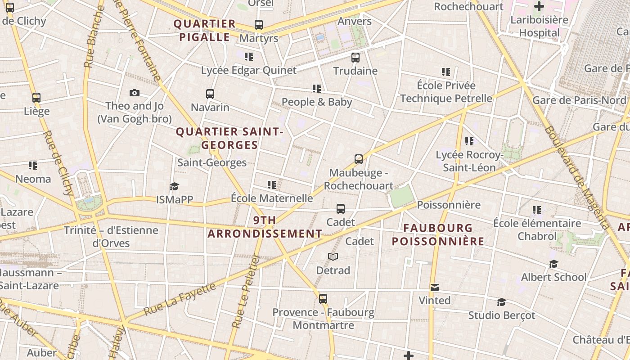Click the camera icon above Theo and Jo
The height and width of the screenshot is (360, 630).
click(x=134, y=93)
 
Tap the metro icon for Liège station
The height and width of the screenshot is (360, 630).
click(x=36, y=97)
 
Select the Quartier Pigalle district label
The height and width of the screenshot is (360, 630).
click(x=205, y=30)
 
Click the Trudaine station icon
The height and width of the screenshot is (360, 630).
click(x=355, y=58)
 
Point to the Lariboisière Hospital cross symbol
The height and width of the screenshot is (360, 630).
click(x=539, y=6)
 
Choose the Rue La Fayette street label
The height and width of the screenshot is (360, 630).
click(x=180, y=298)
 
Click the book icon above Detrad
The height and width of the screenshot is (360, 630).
click(x=333, y=256)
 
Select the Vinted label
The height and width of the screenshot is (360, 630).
click(x=434, y=300)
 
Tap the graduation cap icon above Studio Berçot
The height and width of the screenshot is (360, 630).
click(x=502, y=302)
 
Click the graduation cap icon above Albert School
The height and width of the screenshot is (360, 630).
click(x=553, y=264)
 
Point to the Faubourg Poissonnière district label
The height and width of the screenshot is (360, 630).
click(x=438, y=234)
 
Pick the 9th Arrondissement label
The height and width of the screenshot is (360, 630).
click(x=265, y=227)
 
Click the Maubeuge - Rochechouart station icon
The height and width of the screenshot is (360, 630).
click(x=359, y=159)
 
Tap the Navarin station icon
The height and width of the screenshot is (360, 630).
click(x=210, y=94)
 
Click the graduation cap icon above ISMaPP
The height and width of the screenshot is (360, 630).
click(x=174, y=186)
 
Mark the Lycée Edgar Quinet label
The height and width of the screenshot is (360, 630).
click(x=249, y=70)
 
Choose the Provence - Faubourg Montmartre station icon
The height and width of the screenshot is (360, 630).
click(x=323, y=298)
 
